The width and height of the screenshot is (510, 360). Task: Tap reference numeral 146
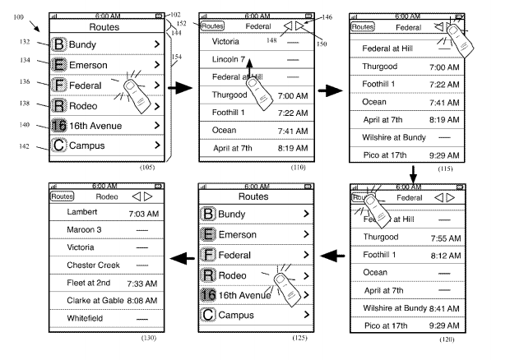[327, 16]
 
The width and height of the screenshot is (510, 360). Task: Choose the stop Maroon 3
[85, 230]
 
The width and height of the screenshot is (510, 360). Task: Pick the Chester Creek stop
[94, 265]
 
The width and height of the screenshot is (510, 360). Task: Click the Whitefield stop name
[87, 316]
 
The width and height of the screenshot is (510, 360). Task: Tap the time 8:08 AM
[142, 299]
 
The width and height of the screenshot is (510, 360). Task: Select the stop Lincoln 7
[229, 60]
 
